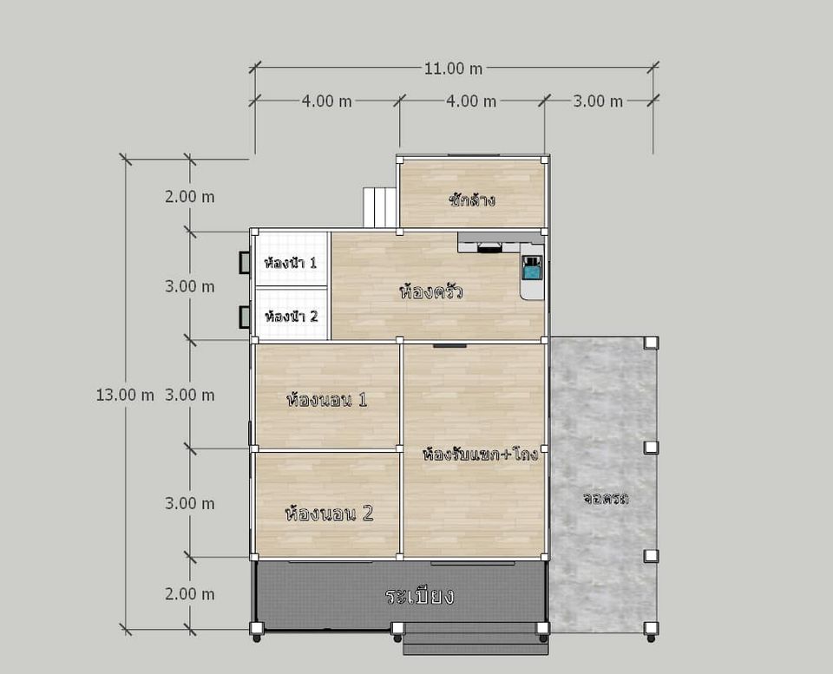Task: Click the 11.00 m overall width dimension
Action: (x=453, y=69)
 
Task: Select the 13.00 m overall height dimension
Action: (x=125, y=396)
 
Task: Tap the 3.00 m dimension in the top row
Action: (x=598, y=101)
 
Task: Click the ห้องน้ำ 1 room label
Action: (x=290, y=262)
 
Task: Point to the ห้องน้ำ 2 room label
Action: (x=292, y=317)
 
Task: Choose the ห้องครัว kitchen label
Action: (x=431, y=291)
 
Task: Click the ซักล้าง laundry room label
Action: (x=472, y=200)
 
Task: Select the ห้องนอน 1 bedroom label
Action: (x=327, y=399)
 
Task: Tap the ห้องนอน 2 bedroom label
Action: (x=330, y=513)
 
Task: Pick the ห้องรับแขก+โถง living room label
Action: (x=480, y=455)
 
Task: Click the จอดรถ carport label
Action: (x=606, y=499)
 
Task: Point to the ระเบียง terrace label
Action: (x=420, y=596)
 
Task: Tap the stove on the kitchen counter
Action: (x=489, y=247)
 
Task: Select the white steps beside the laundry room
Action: (x=380, y=207)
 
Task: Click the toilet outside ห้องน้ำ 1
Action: (x=245, y=263)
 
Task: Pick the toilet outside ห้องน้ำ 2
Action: (x=245, y=317)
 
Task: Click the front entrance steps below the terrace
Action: (x=474, y=639)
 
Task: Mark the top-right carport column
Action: (x=651, y=343)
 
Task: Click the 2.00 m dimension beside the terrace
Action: (x=190, y=594)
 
